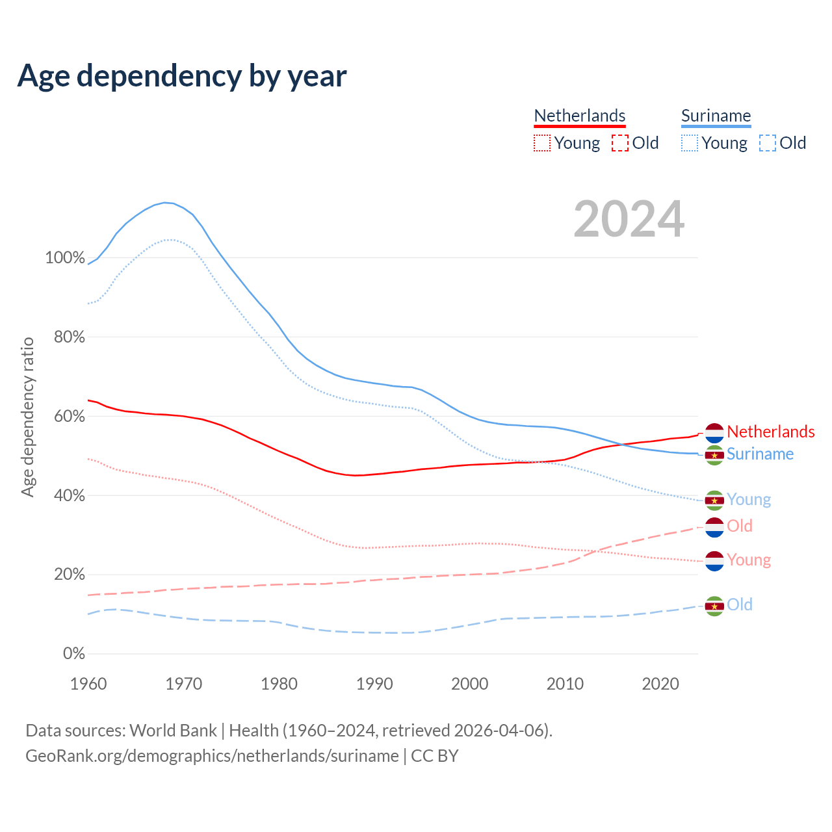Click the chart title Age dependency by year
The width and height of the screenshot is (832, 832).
pyautogui.click(x=182, y=76)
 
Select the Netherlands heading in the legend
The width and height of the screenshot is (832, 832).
pyautogui.click(x=579, y=116)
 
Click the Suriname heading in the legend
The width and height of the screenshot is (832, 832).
pyautogui.click(x=716, y=116)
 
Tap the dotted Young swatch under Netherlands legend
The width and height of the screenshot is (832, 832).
pyautogui.click(x=542, y=143)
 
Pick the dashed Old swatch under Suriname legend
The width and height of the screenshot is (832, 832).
pyautogui.click(x=768, y=143)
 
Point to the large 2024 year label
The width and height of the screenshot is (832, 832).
pyautogui.click(x=629, y=219)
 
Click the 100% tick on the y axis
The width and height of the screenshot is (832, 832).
pyautogui.click(x=65, y=257)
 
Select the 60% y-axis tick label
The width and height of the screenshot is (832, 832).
pyautogui.click(x=68, y=416)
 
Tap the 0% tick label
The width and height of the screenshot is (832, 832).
pyautogui.click(x=73, y=654)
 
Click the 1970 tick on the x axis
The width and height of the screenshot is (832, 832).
pyautogui.click(x=184, y=684)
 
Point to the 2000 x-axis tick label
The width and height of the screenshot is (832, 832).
pyautogui.click(x=470, y=684)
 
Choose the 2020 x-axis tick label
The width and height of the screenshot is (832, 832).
pyautogui.click(x=660, y=684)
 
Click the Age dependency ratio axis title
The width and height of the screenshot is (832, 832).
pyautogui.click(x=27, y=417)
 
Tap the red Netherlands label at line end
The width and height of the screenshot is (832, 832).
pyautogui.click(x=770, y=432)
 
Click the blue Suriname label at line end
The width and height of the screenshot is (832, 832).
pyautogui.click(x=760, y=454)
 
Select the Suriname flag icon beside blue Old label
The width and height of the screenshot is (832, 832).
pyautogui.click(x=714, y=606)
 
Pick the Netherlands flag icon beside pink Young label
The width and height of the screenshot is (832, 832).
pyautogui.click(x=714, y=561)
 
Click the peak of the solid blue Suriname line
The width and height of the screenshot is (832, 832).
pyautogui.click(x=165, y=202)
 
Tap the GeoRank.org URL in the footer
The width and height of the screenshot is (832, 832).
pyautogui.click(x=212, y=756)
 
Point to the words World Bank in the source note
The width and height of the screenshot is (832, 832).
pyautogui.click(x=173, y=731)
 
